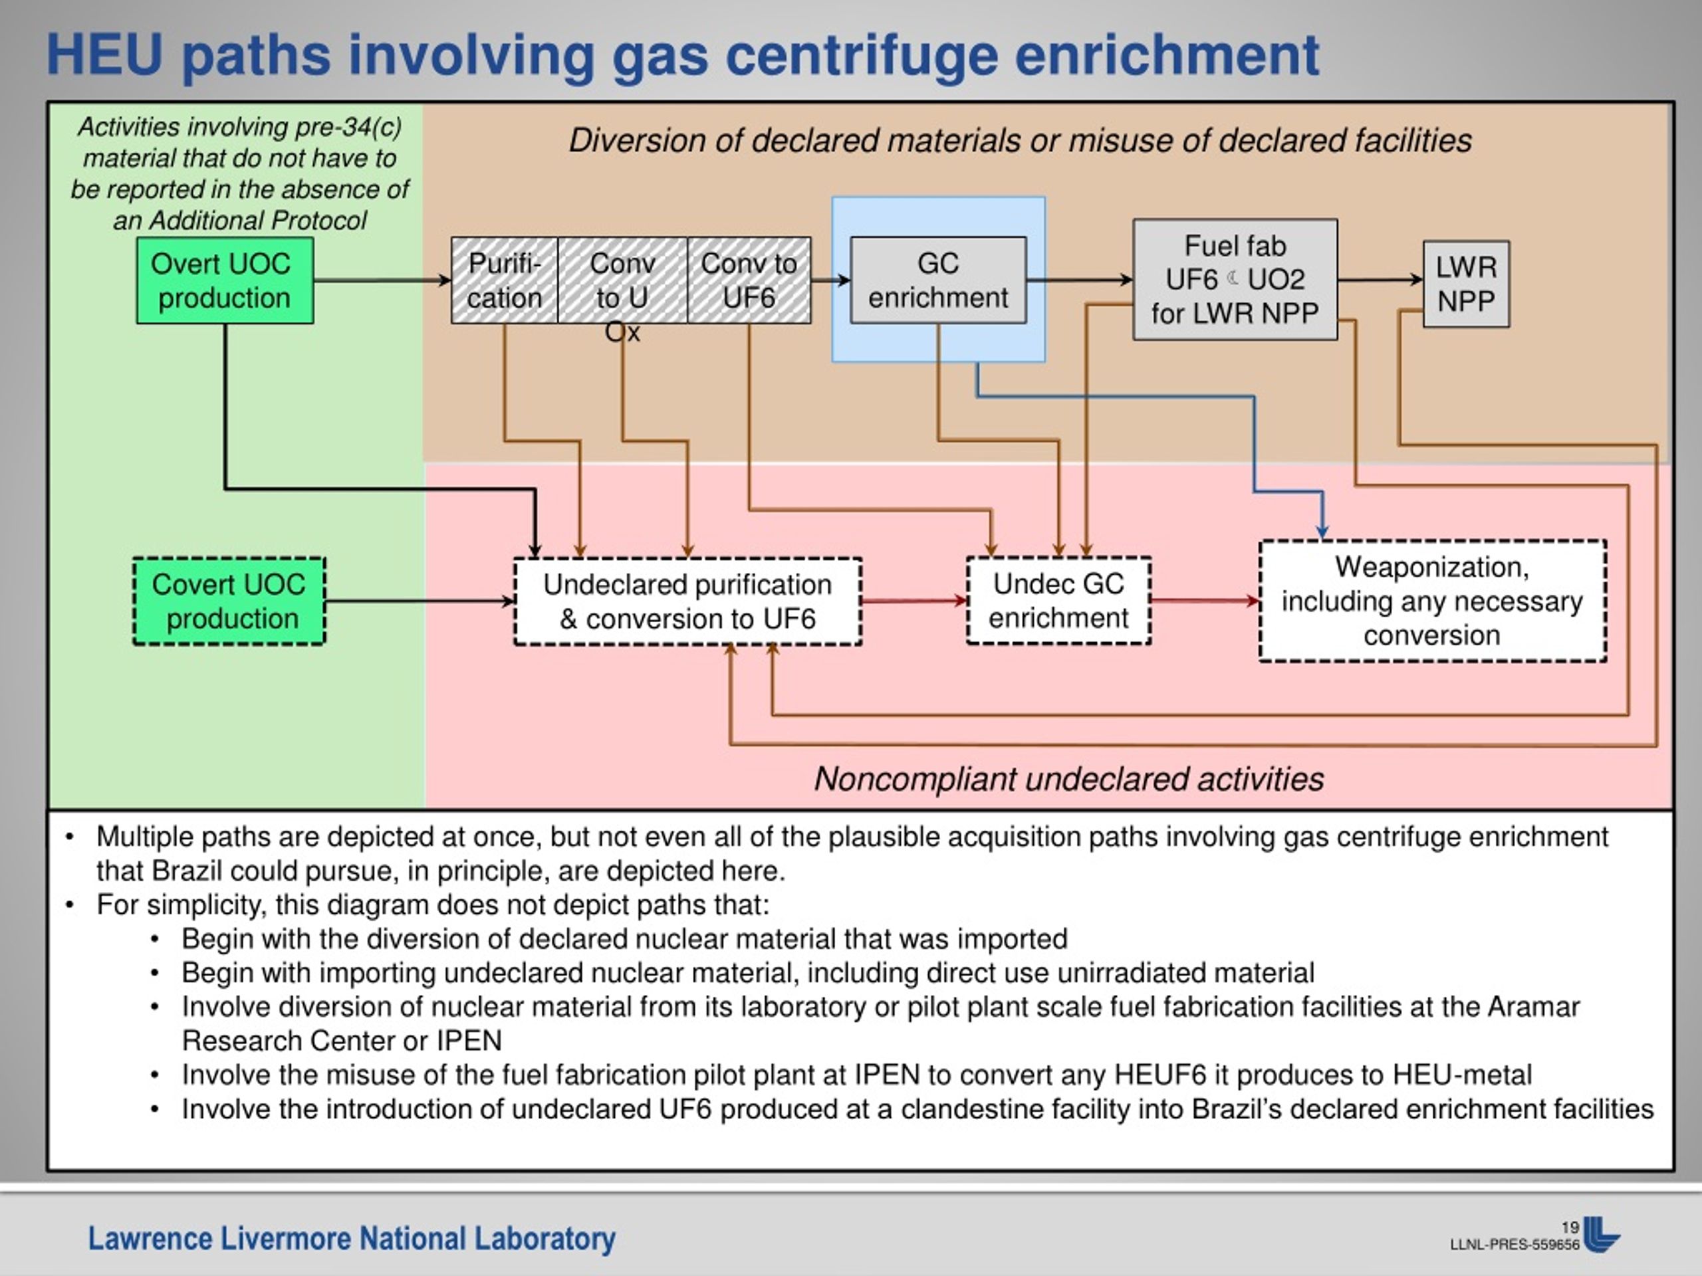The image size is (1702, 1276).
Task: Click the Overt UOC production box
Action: tap(225, 280)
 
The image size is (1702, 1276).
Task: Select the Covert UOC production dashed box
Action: tap(229, 601)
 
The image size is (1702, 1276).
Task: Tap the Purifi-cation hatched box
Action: tap(505, 280)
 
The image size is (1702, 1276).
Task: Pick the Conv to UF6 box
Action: tap(749, 280)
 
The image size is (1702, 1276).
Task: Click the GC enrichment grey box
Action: tap(938, 280)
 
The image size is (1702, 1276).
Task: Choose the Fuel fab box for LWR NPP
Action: tap(1235, 280)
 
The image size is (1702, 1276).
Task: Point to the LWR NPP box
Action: tap(1467, 284)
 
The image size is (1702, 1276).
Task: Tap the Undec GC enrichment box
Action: tap(1058, 601)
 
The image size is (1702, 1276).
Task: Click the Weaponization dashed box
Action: tap(1433, 601)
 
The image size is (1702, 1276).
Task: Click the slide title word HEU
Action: tap(104, 54)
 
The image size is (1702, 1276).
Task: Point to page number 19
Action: tap(1570, 1227)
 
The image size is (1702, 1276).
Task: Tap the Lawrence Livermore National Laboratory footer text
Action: tap(352, 1239)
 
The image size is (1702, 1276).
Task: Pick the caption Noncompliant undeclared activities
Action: tap(1069, 779)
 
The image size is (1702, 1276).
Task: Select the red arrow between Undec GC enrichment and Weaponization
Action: tap(1205, 601)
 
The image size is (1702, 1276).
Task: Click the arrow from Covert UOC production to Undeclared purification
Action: tap(420, 601)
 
